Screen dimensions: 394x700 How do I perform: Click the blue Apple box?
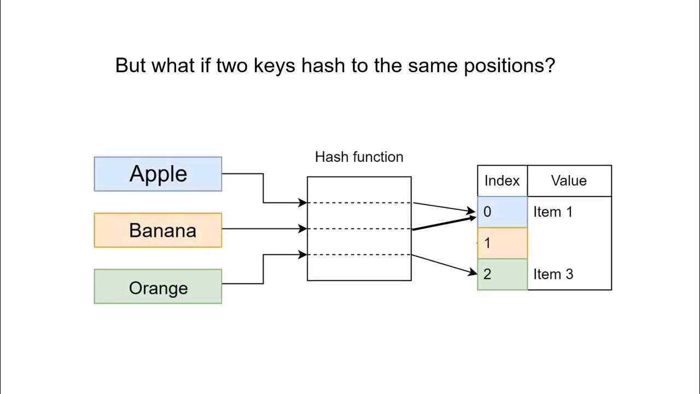coord(157,174)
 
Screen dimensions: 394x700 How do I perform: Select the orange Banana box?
coord(157,230)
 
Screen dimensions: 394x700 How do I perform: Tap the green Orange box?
coord(157,286)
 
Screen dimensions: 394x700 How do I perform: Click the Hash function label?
coord(359,157)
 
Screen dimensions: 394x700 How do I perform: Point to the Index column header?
coord(501,181)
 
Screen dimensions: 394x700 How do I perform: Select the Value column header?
coord(569,181)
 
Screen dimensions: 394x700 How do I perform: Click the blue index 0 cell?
coord(502,212)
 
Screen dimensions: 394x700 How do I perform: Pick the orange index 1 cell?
coord(502,243)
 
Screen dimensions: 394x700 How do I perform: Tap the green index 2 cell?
coord(502,274)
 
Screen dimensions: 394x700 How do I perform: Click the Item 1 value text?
coord(553,212)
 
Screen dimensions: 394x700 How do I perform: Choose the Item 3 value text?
coord(553,274)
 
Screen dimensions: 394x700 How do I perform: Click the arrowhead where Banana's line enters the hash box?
coord(303,229)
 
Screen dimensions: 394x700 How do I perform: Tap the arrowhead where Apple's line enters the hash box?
coord(303,203)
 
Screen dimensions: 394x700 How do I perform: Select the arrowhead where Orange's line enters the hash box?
coord(303,254)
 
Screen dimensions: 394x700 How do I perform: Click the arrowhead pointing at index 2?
coord(474,272)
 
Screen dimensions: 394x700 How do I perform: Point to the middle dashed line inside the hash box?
coord(359,229)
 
